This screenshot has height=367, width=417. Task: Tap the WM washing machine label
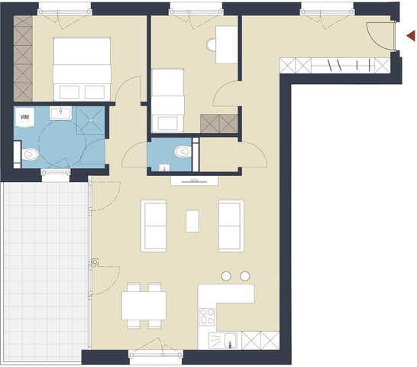[x=25, y=117]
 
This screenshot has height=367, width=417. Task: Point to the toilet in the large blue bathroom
[x=30, y=154]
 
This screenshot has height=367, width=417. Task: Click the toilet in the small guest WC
[x=181, y=151]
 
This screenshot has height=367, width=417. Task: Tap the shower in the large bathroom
[x=91, y=118]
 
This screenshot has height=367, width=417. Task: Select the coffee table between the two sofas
[x=193, y=221]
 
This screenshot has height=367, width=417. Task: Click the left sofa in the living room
[x=154, y=226]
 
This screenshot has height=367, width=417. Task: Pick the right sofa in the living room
[x=231, y=226]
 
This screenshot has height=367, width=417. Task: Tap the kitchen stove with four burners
[x=206, y=316]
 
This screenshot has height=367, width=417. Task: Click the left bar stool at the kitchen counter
[x=227, y=275]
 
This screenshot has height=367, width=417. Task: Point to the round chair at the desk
[x=212, y=45]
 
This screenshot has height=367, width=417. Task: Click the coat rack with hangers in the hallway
[x=336, y=66]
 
